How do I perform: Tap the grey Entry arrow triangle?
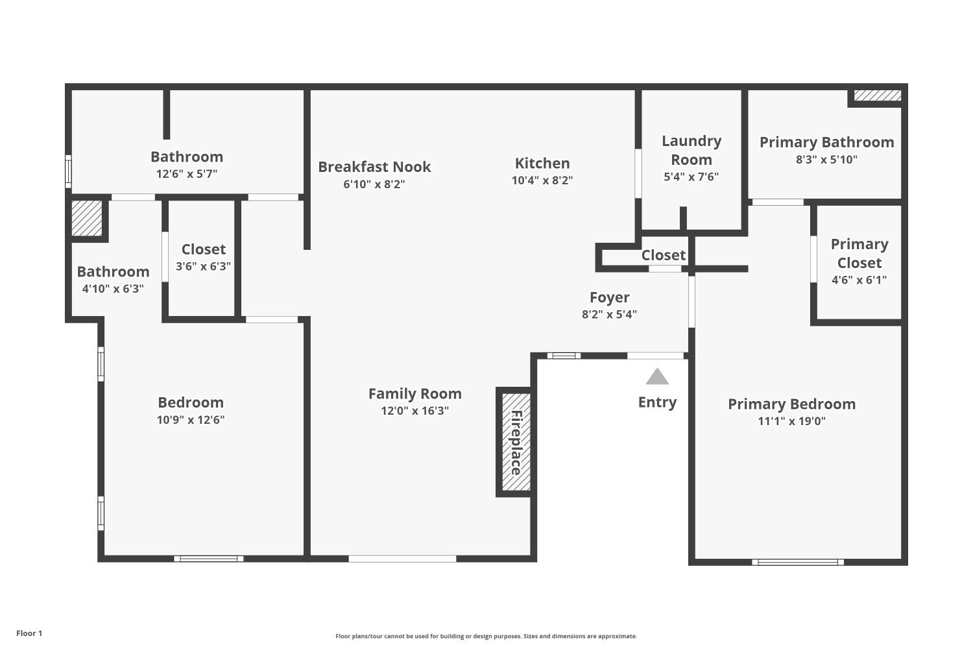click(657, 377)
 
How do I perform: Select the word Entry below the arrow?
click(657, 402)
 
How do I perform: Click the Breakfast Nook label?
click(374, 167)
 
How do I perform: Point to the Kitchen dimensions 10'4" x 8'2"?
click(542, 180)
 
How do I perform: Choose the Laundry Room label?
click(691, 150)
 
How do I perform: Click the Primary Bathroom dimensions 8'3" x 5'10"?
click(826, 160)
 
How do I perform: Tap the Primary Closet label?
click(859, 253)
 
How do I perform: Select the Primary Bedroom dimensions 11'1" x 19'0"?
click(791, 421)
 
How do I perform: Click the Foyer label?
click(609, 297)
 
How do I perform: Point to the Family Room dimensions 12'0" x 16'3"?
click(414, 411)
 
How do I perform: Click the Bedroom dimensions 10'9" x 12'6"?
click(191, 420)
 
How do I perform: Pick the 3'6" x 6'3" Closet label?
click(204, 249)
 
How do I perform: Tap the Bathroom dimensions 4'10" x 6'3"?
click(113, 289)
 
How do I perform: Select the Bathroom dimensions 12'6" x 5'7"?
click(187, 174)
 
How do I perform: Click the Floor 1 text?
click(29, 633)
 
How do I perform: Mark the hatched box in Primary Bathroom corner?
click(877, 95)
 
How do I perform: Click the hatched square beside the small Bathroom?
click(87, 219)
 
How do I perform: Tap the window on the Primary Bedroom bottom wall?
click(798, 562)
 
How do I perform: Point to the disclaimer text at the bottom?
click(486, 636)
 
